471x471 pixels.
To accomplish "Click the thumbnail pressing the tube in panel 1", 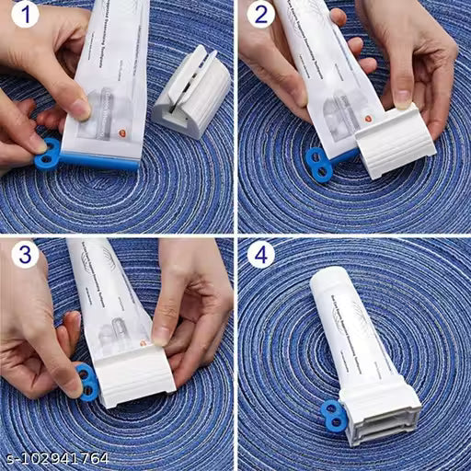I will pyautogui.click(x=81, y=109).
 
